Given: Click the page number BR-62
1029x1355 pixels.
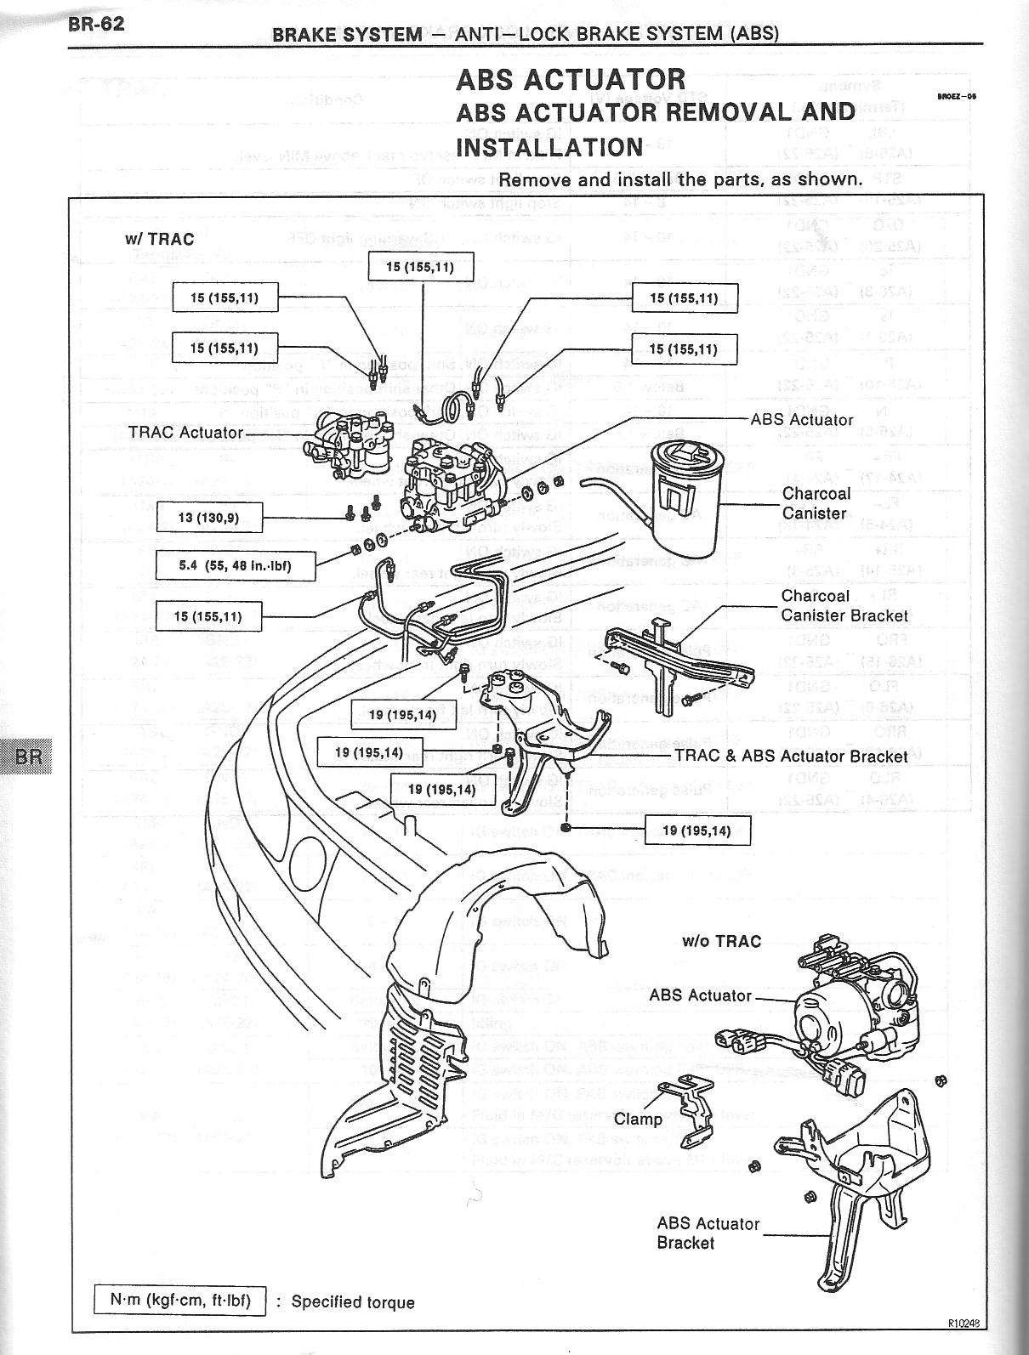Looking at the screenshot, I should click(x=96, y=23).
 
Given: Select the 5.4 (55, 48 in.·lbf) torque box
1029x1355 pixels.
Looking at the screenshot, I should click(x=236, y=565).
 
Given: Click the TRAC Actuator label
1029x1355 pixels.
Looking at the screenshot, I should click(x=185, y=433).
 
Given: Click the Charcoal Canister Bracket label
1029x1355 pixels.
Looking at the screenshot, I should click(x=844, y=605).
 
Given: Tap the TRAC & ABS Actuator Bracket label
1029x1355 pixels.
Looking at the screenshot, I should click(x=791, y=756).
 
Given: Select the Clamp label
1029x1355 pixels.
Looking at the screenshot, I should click(x=638, y=1119).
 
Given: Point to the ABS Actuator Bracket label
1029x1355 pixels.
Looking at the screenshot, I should click(x=708, y=1233).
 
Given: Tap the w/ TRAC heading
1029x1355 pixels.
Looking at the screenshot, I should click(x=159, y=239).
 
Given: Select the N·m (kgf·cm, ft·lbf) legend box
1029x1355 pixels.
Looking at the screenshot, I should click(x=179, y=1301).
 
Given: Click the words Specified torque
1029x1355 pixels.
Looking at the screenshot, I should click(x=353, y=1302).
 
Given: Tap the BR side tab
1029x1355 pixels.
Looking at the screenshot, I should click(x=27, y=756).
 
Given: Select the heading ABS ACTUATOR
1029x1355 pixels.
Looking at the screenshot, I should click(x=571, y=79).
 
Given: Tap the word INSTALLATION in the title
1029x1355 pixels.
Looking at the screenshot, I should click(x=549, y=147).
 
